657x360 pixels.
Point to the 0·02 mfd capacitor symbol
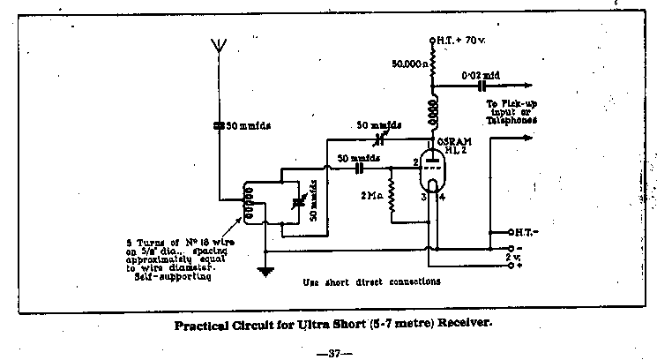pyautogui.click(x=482, y=86)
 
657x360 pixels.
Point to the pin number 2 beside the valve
pyautogui.click(x=414, y=163)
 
